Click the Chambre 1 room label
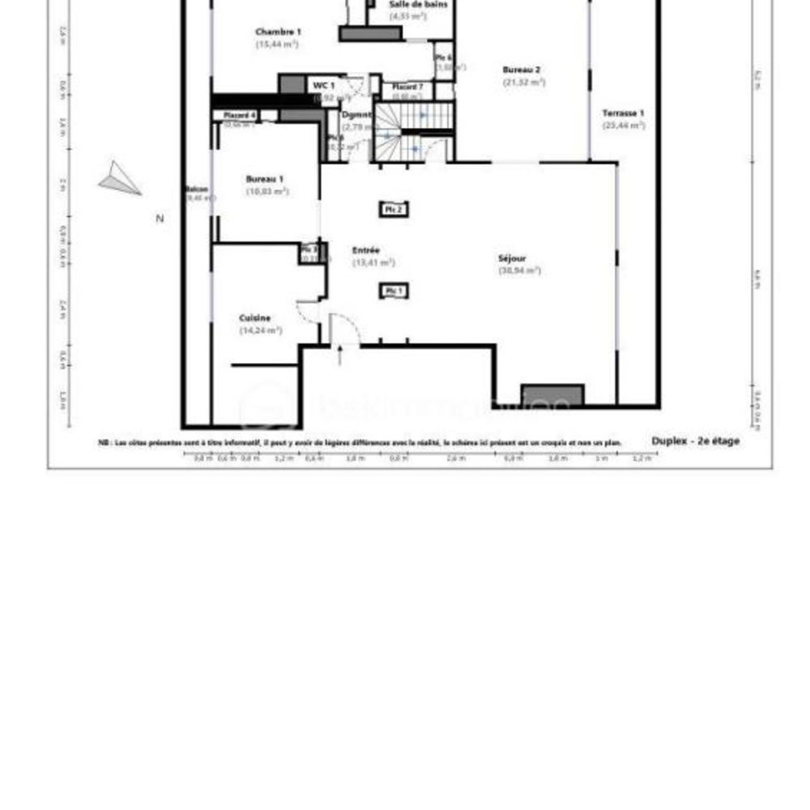[x=278, y=32]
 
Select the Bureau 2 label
[x=522, y=70]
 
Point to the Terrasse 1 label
[x=624, y=113]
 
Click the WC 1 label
[x=324, y=85]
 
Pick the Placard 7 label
[x=407, y=87]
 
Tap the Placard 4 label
[x=240, y=116]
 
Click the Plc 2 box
[x=394, y=210]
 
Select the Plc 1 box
[x=394, y=291]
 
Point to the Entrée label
[x=366, y=250]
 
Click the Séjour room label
[x=512, y=258]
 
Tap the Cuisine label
[x=255, y=318]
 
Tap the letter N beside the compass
[x=160, y=218]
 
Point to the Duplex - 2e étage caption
[x=695, y=441]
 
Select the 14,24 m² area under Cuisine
[x=260, y=330]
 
